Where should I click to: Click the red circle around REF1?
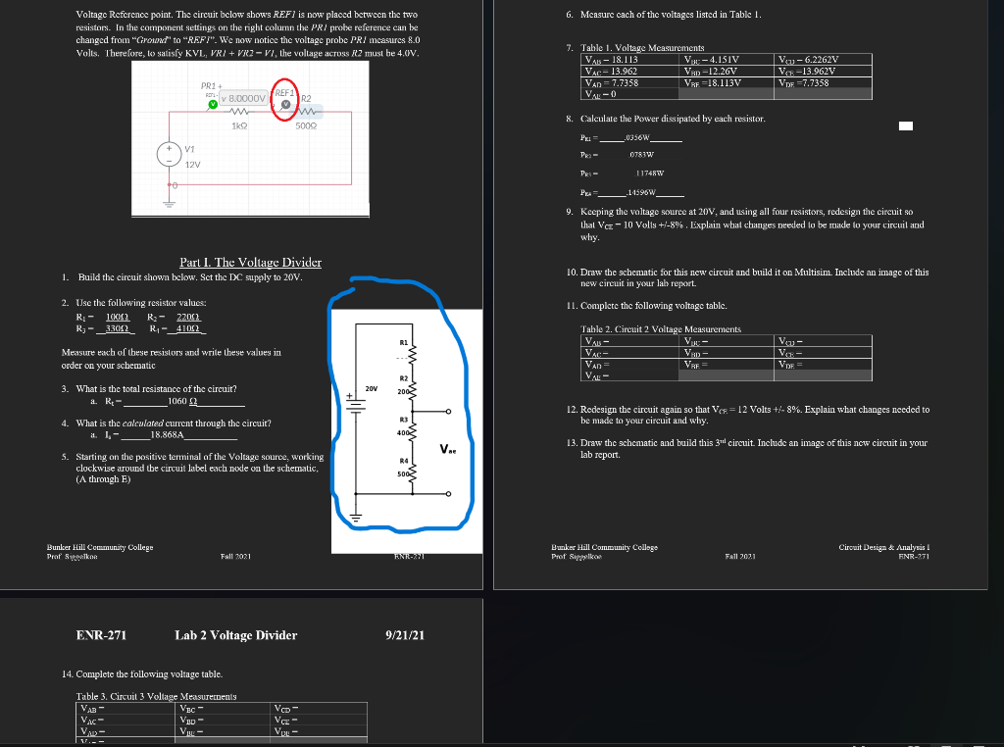click(285, 100)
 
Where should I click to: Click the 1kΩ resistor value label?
click(238, 126)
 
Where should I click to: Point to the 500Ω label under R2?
click(305, 126)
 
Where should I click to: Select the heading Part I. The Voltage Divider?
click(250, 262)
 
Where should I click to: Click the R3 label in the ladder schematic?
click(403, 420)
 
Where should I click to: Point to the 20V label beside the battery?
click(371, 389)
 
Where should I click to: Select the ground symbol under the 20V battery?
click(356, 515)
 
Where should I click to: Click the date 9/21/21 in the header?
click(406, 635)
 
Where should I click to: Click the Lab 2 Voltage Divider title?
click(235, 635)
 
